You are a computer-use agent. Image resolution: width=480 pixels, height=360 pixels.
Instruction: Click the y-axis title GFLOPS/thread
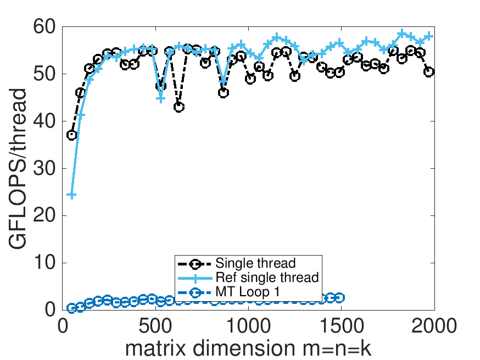(19, 168)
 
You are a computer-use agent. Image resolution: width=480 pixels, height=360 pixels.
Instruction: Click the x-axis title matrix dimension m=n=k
(249, 348)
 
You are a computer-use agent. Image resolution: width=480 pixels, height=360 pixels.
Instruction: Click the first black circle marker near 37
(71, 135)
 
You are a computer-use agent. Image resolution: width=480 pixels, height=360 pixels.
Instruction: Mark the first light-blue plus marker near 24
(71, 195)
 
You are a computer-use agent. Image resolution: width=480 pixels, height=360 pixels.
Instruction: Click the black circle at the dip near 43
(179, 107)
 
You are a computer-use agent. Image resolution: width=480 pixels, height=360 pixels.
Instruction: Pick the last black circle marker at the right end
(429, 72)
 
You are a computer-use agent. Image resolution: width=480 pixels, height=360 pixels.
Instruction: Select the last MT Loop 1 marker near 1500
(339, 297)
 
